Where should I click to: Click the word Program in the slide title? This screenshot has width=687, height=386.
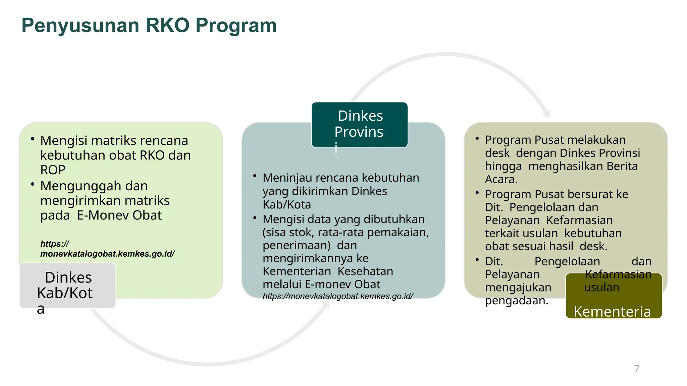click(236, 26)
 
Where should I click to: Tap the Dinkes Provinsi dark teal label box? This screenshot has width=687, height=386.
click(359, 125)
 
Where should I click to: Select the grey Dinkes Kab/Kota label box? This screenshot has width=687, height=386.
click(67, 285)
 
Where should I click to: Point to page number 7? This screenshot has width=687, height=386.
click(637, 369)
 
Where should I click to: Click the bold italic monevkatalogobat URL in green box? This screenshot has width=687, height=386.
click(107, 254)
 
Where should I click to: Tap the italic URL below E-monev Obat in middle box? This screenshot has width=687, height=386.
click(337, 296)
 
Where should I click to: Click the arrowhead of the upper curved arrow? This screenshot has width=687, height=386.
click(546, 114)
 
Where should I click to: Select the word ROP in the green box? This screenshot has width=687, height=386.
click(53, 170)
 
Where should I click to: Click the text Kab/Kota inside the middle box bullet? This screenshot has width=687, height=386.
click(287, 204)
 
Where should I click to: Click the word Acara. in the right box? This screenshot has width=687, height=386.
click(501, 179)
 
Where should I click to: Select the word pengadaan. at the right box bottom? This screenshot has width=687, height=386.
click(517, 300)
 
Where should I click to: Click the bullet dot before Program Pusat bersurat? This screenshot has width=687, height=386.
click(477, 193)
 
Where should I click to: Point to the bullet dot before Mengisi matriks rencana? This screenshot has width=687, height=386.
click(33, 139)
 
